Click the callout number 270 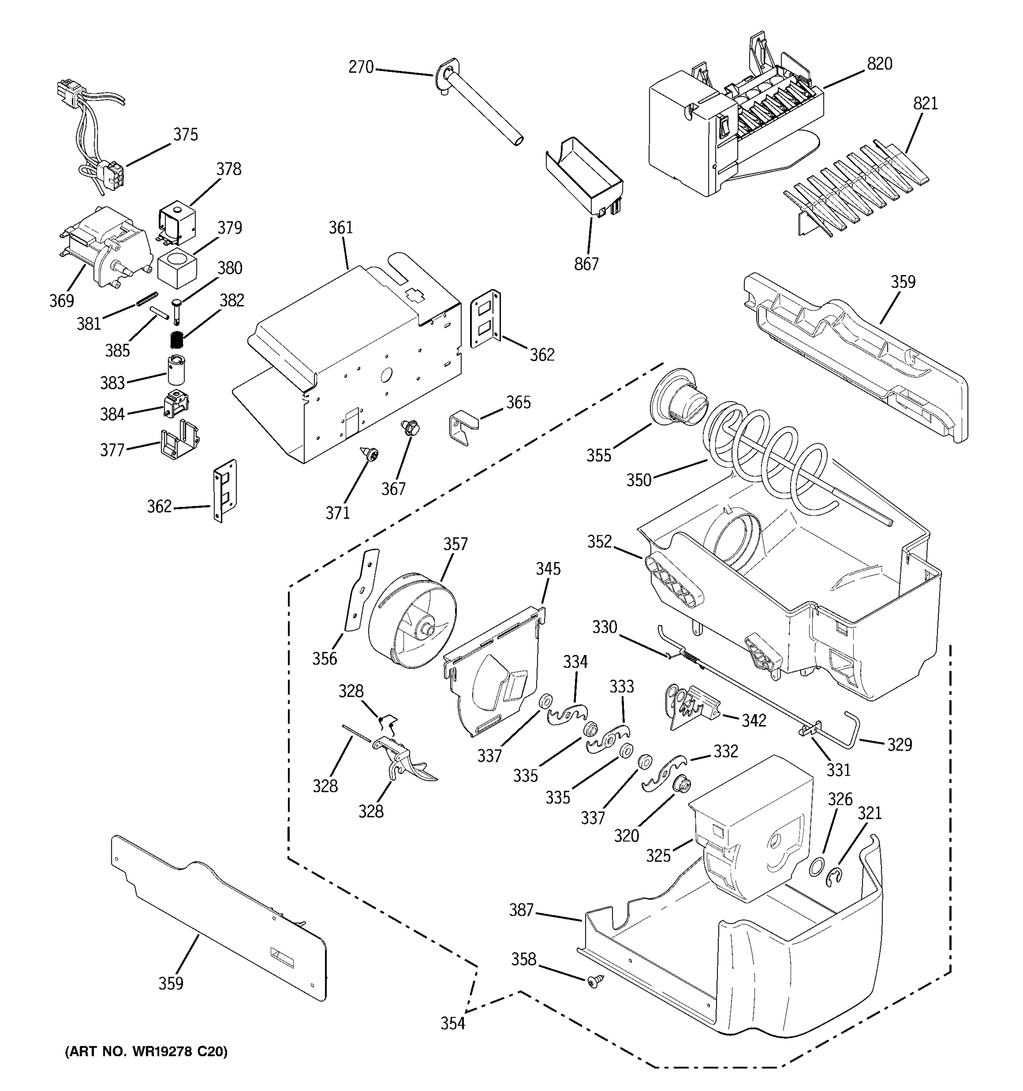click(x=361, y=67)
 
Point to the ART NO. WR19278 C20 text click(x=146, y=1051)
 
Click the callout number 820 click(x=879, y=64)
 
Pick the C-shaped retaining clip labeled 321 click(x=835, y=877)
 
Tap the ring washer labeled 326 click(x=817, y=867)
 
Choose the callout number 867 click(x=586, y=265)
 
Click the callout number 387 click(x=521, y=911)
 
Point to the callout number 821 click(x=925, y=103)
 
